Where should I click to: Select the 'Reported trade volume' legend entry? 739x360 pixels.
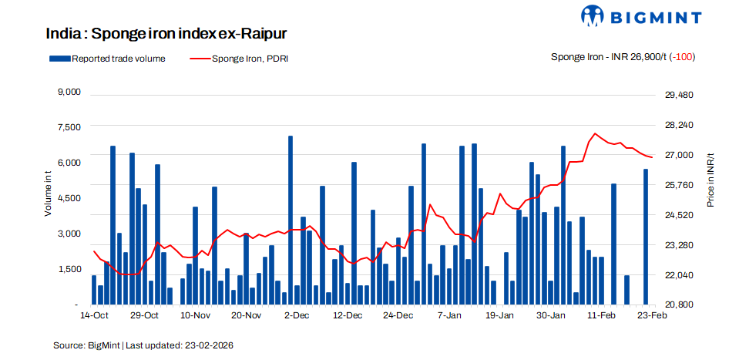tap(106, 59)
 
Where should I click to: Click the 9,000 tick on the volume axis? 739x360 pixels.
tap(69, 93)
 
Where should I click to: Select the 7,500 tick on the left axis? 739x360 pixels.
tap(69, 127)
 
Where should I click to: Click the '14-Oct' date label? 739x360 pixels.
tap(93, 315)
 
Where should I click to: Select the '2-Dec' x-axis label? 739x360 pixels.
tap(297, 315)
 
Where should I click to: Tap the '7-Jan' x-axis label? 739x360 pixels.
tap(449, 315)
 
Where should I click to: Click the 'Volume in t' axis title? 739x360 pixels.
tap(48, 195)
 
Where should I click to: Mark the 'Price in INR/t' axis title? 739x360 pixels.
tap(710, 180)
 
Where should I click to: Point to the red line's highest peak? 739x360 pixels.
tap(595, 133)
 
